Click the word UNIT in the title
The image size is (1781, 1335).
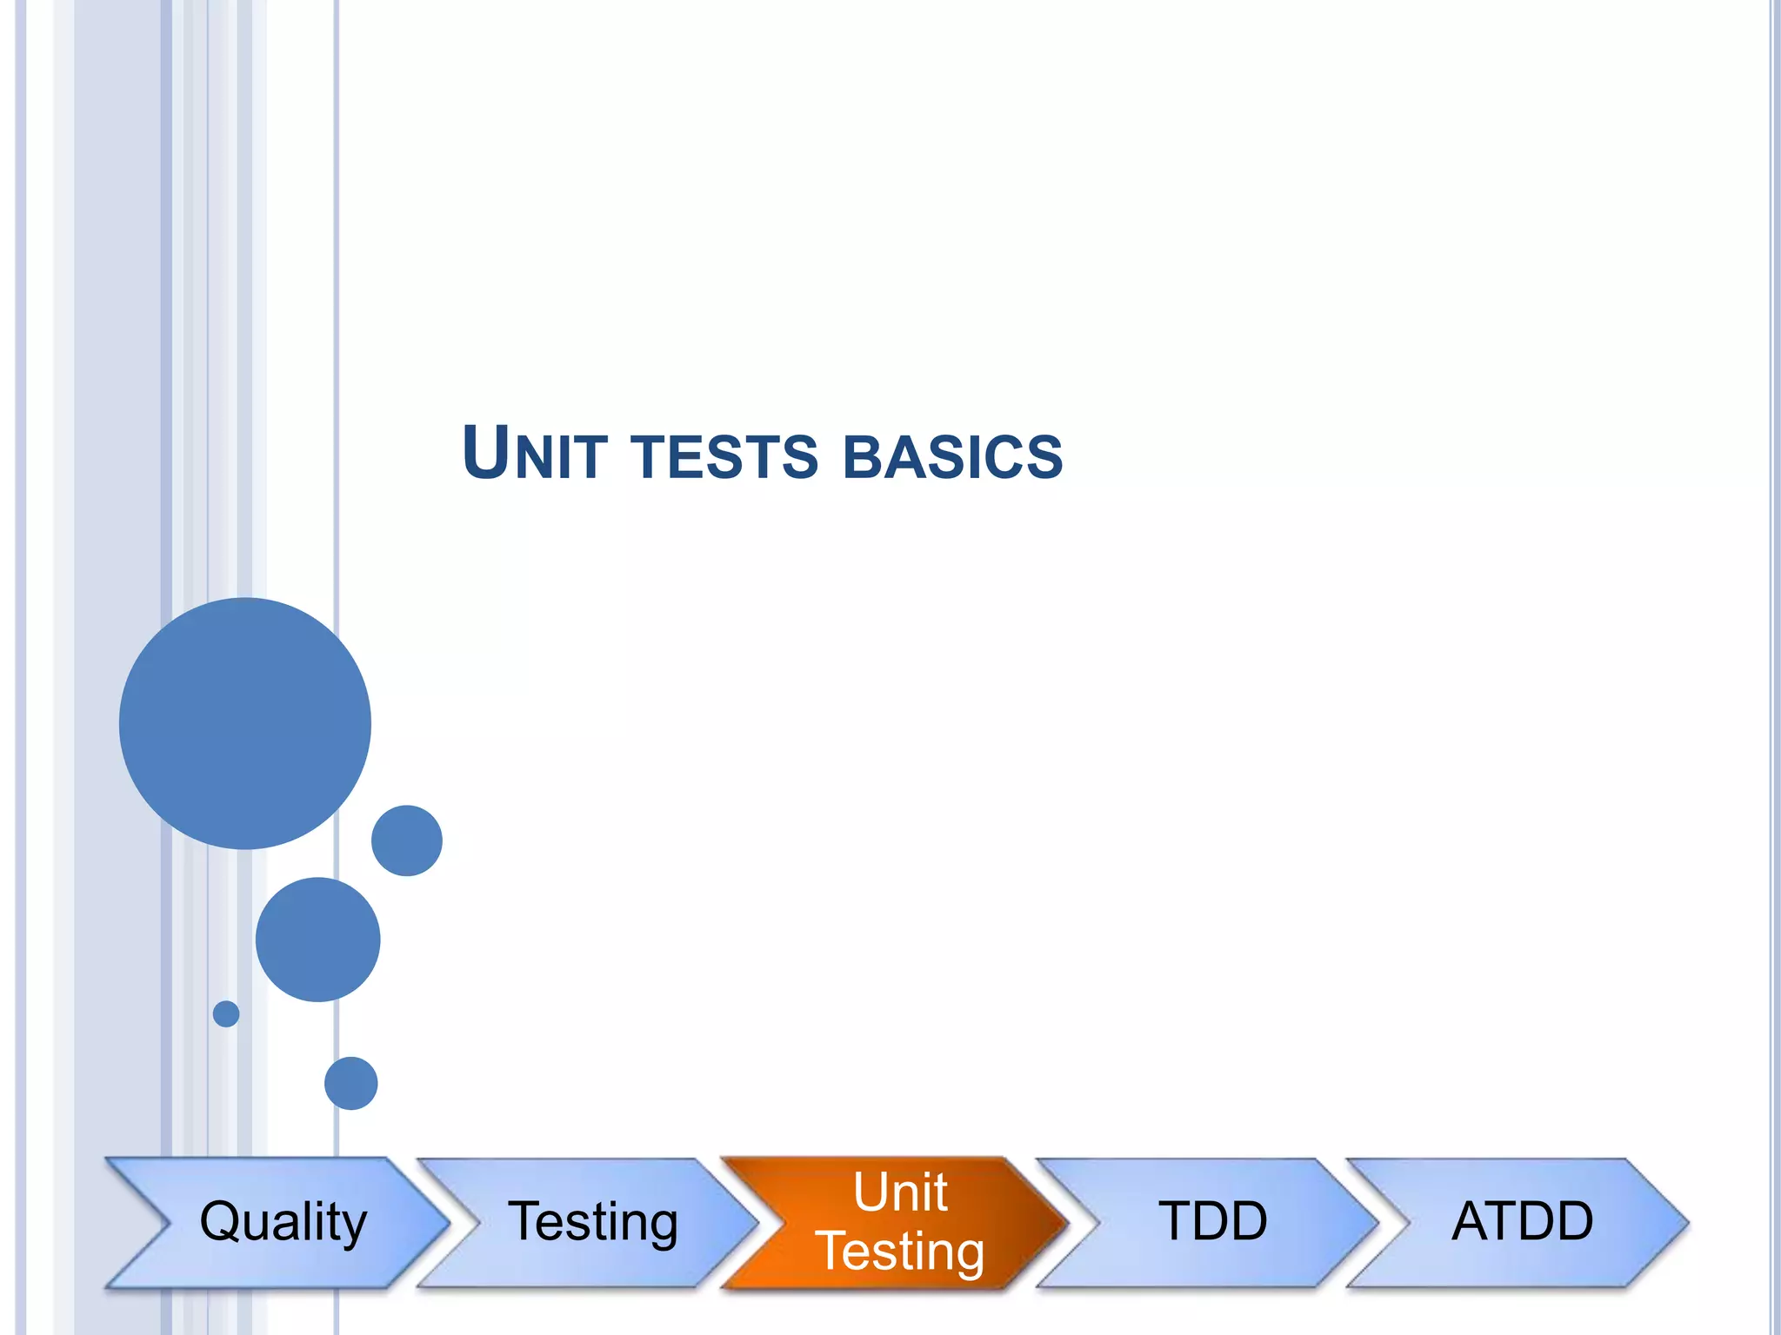coord(534,454)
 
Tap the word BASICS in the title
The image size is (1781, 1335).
coord(953,457)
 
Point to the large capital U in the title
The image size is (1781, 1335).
coord(485,452)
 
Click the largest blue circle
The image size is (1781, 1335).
coord(245,723)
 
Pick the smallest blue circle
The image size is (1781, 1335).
coord(226,1013)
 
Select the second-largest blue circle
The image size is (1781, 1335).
coord(317,940)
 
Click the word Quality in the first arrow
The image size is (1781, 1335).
coord(283,1221)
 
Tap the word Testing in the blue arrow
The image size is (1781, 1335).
coord(592,1221)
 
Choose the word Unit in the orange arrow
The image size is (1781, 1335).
coord(900,1192)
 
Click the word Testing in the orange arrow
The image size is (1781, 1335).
coord(901,1251)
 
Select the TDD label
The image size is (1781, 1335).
coord(1212,1220)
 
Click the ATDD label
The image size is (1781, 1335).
coord(1522,1220)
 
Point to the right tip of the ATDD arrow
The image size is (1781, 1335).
coord(1686,1222)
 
